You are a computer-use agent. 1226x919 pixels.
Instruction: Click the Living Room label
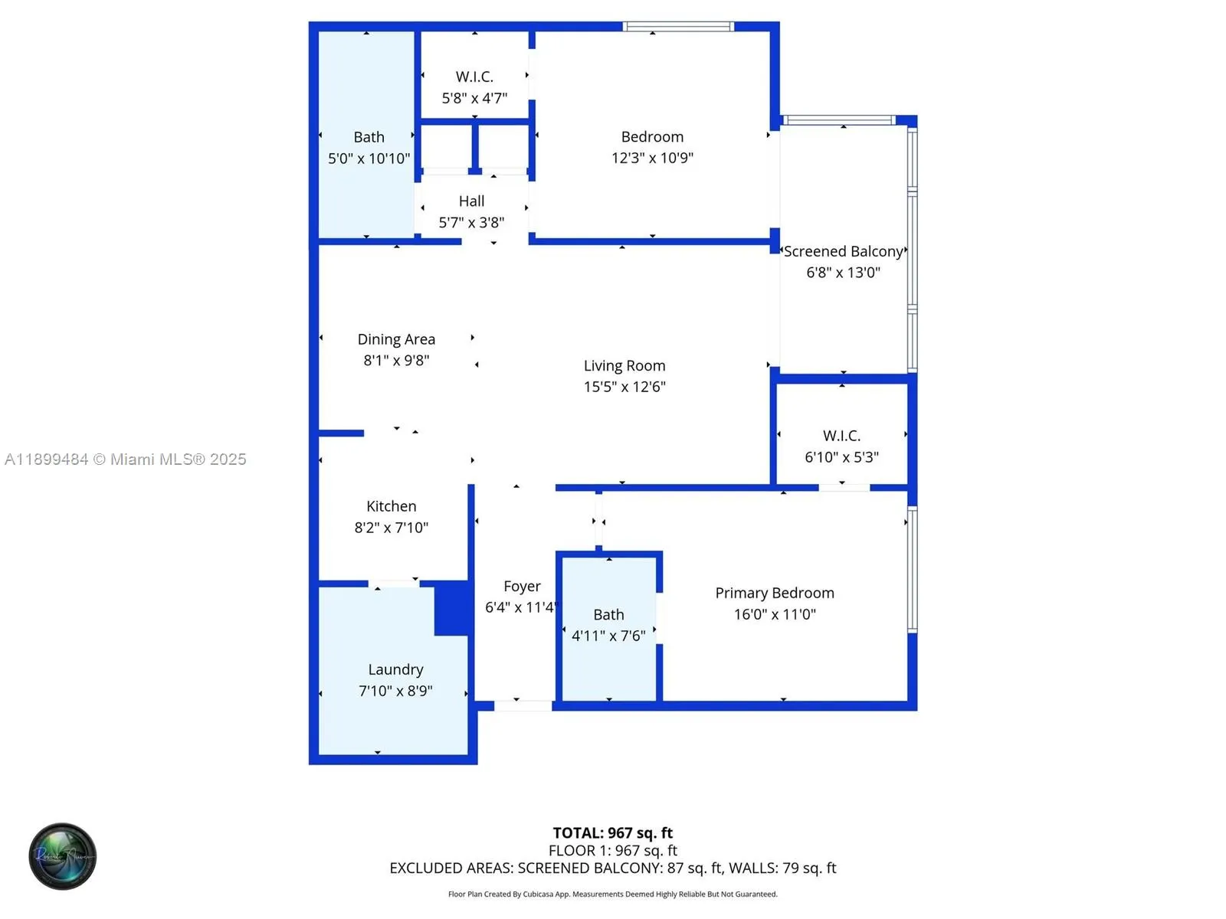point(624,366)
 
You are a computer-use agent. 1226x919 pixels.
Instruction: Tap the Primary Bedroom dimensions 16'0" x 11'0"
point(775,614)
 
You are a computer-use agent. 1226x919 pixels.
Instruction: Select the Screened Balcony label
point(843,252)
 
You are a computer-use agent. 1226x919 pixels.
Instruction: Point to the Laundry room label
point(395,670)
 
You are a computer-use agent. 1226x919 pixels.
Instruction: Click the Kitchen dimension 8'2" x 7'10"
point(391,528)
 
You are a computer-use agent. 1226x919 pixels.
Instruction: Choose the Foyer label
point(522,587)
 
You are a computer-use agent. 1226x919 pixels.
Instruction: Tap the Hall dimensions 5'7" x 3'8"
point(471,223)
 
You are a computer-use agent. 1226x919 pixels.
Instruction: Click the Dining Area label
point(396,339)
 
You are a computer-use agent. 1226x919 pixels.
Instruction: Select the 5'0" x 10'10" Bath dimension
point(369,159)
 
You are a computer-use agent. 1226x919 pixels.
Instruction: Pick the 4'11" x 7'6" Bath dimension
point(608,636)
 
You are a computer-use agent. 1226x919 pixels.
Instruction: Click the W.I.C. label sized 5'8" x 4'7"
point(474,77)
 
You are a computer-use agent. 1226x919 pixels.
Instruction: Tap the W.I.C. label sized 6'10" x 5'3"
point(841,436)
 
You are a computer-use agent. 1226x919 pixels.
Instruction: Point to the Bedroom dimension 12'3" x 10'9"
point(652,158)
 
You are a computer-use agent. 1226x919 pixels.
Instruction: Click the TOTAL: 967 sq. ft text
point(612,832)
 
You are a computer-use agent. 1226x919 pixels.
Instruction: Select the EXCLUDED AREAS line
point(612,868)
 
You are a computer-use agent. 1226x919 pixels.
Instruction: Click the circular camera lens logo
point(62,856)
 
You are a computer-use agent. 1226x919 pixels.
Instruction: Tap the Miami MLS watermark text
point(126,459)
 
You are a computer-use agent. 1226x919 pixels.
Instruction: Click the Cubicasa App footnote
point(612,894)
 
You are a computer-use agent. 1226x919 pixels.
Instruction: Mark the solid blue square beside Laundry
point(451,609)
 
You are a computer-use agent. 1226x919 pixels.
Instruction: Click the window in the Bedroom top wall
point(678,27)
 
